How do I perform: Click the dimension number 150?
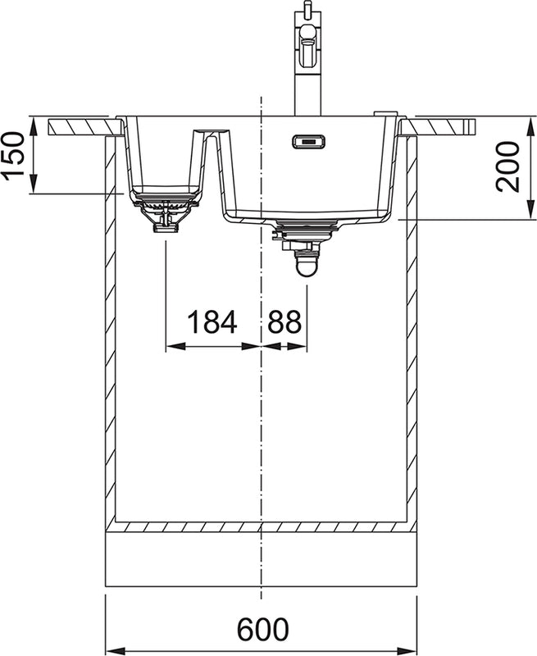pyautogui.click(x=13, y=157)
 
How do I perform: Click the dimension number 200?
pyautogui.click(x=507, y=166)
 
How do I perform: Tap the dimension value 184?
pyautogui.click(x=212, y=321)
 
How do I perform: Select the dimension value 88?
pyautogui.click(x=284, y=321)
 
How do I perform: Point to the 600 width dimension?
pyautogui.click(x=262, y=629)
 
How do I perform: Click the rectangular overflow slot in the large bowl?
pyautogui.click(x=308, y=141)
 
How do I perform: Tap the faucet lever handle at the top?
pyautogui.click(x=308, y=33)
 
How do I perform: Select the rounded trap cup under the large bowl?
pyautogui.click(x=307, y=266)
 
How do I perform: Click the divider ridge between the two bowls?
pyautogui.click(x=211, y=138)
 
